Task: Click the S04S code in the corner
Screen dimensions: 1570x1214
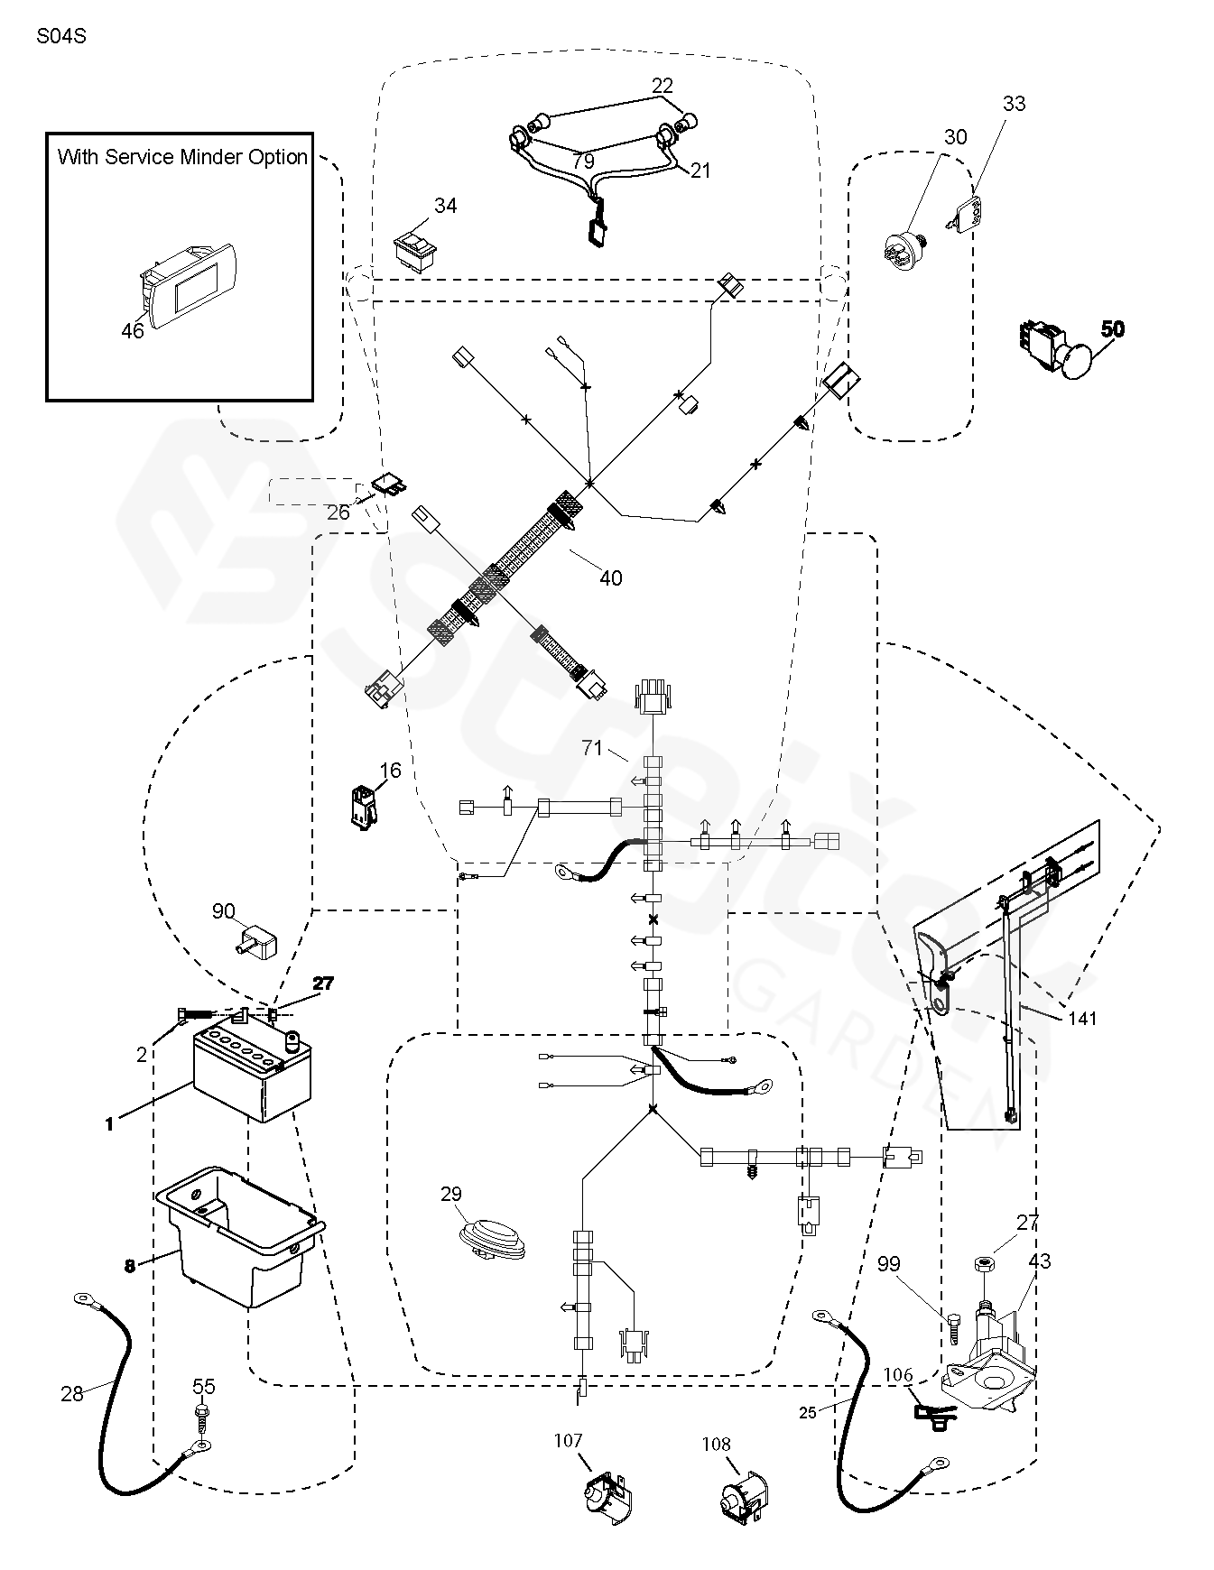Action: [61, 38]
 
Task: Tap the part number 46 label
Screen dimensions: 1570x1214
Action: [132, 332]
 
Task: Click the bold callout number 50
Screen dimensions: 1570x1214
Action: [1113, 329]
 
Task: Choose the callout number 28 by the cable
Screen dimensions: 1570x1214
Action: [72, 1394]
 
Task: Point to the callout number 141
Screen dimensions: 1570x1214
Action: [1082, 1019]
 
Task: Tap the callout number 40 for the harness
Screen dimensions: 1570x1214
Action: [611, 577]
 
